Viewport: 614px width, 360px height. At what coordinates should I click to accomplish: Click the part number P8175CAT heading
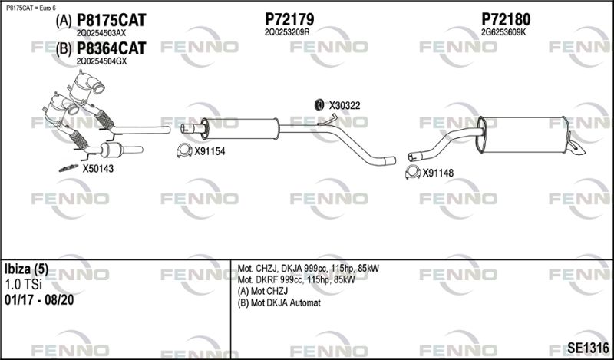coord(111,21)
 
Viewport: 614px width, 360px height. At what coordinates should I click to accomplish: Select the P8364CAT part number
coord(111,48)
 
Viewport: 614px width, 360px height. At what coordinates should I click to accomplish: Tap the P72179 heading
coord(289,19)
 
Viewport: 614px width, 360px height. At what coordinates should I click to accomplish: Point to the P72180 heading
coord(506,19)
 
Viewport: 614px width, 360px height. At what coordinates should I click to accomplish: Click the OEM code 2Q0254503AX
coord(101,33)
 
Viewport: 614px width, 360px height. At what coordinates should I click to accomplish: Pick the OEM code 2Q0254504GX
coord(102,61)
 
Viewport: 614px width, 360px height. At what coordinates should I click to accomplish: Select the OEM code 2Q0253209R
coord(287,32)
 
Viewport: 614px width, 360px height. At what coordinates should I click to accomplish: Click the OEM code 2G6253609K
coord(503,32)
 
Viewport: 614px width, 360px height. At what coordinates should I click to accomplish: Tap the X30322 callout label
coord(344,106)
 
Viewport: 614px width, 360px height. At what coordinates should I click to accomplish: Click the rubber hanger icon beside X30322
coord(319,104)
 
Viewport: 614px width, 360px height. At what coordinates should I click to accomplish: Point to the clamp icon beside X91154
coord(184,150)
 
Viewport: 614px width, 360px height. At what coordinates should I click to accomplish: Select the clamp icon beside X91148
coord(413,173)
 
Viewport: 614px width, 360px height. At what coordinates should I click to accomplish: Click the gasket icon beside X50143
coord(68,168)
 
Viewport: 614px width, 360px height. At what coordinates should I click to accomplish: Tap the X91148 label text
coord(437,173)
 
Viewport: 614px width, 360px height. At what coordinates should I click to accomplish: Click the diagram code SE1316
coord(588,348)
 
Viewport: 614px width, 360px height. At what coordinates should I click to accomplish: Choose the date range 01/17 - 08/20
coord(39,300)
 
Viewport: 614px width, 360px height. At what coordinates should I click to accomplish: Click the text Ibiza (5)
coord(27,269)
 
